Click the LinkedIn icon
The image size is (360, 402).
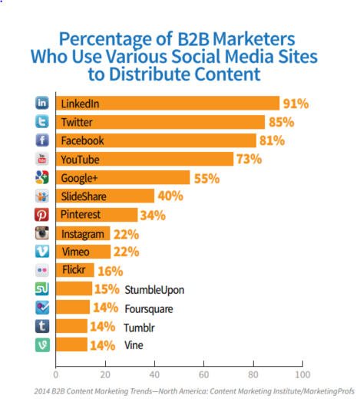click(43, 104)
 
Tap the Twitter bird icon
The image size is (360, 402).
click(43, 122)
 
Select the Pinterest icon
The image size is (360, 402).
click(43, 215)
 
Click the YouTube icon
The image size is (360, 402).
click(43, 159)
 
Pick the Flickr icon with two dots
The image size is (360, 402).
click(43, 270)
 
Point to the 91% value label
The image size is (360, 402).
click(296, 104)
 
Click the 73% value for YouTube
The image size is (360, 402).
click(249, 159)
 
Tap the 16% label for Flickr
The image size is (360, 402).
click(110, 270)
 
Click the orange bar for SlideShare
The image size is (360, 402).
click(104, 196)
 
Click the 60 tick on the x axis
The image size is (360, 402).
click(203, 376)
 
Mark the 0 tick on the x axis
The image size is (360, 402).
click(55, 376)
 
